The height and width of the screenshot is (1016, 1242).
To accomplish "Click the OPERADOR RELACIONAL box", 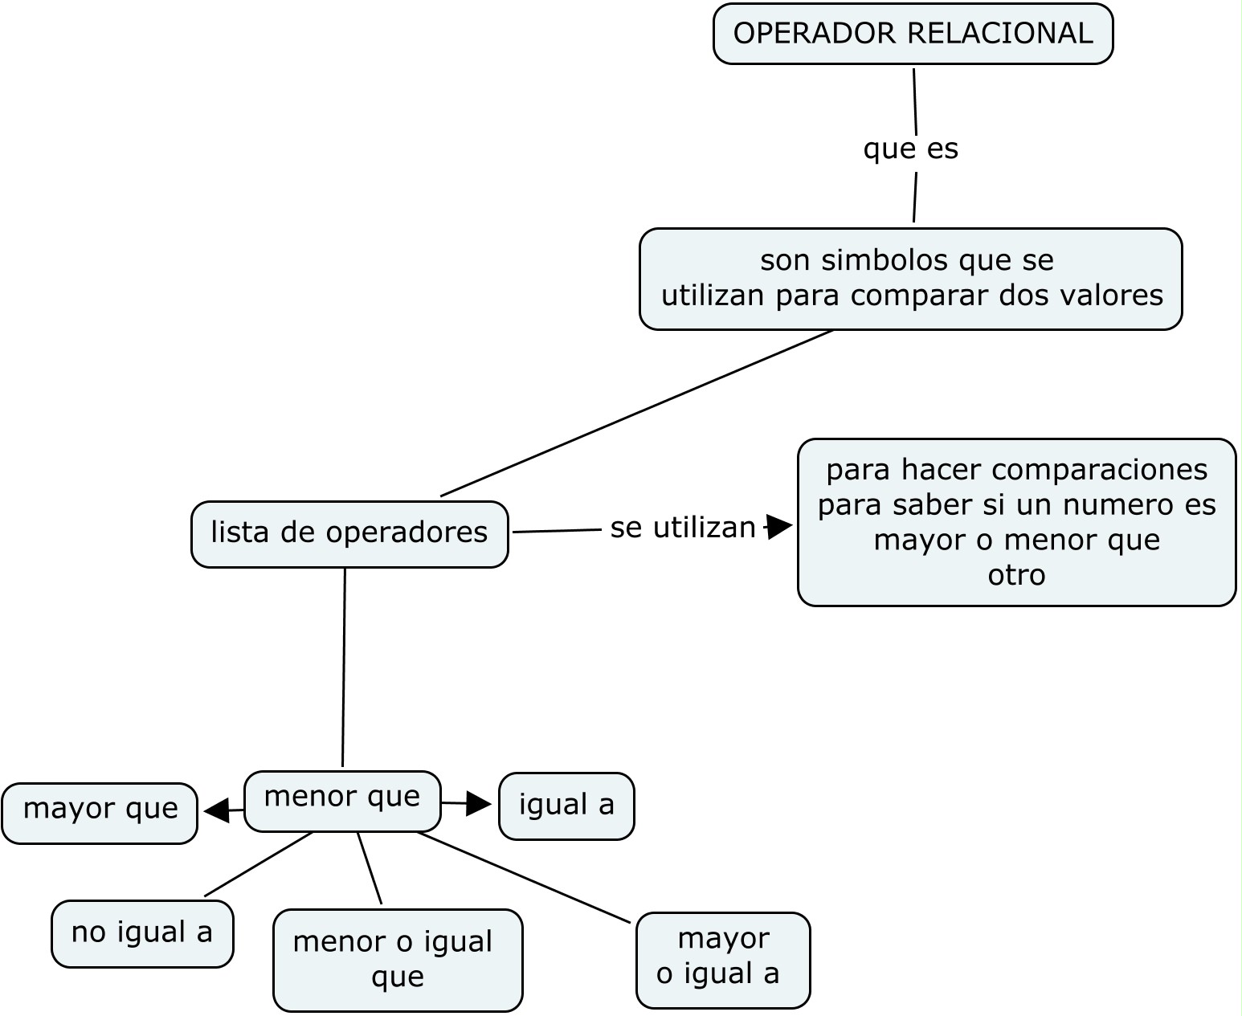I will [913, 34].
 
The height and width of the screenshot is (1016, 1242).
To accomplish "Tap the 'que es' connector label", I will [910, 149].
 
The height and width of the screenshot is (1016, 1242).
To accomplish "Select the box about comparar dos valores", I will [910, 280].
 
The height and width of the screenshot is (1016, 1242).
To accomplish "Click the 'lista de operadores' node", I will [349, 533].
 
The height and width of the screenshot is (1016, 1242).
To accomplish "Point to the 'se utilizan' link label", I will [682, 528].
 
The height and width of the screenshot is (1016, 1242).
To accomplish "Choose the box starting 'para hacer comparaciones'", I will [1016, 522].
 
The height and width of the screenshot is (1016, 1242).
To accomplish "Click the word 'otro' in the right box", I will [1016, 575].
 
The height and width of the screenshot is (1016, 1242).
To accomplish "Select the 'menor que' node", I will [342, 800].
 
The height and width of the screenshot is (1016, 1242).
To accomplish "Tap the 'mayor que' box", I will [100, 812].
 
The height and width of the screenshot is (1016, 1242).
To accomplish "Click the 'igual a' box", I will [566, 806].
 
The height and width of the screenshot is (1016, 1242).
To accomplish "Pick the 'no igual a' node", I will [142, 933].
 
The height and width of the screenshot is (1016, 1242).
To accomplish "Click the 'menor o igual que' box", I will [398, 960].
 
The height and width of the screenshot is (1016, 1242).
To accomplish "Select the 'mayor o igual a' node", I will [722, 959].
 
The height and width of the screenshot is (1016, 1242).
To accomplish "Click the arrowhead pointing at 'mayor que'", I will [216, 810].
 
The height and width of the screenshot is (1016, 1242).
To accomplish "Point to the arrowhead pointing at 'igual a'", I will [479, 803].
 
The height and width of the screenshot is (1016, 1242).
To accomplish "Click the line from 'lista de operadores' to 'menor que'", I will [344, 667].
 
